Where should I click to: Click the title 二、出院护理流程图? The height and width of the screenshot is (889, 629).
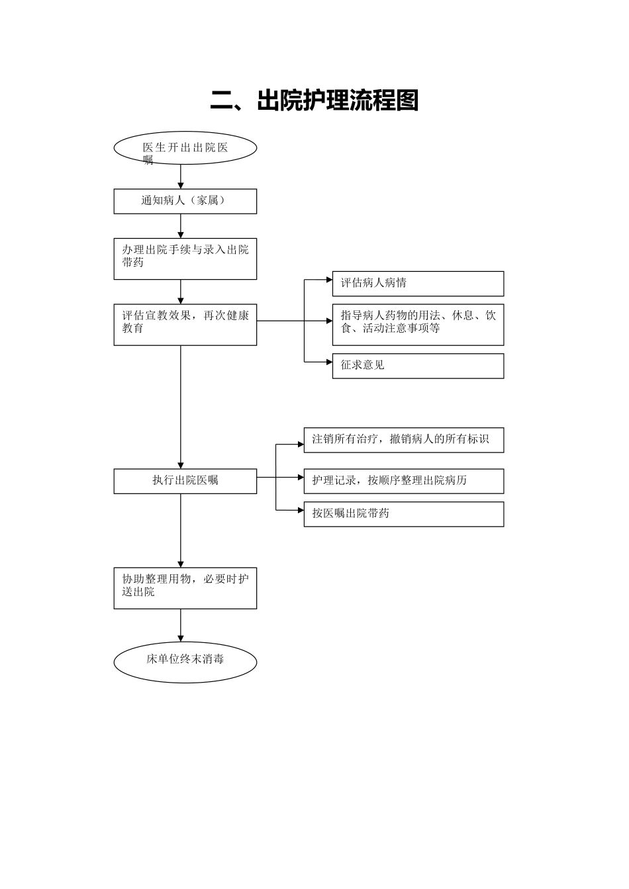pyautogui.click(x=314, y=101)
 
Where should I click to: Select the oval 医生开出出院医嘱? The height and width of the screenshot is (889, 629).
pyautogui.click(x=185, y=148)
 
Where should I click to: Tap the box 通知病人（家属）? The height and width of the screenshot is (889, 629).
pyautogui.click(x=185, y=201)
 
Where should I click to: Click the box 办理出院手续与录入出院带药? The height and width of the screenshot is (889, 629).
pyautogui.click(x=185, y=259)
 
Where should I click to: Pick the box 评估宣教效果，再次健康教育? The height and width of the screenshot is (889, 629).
pyautogui.click(x=185, y=324)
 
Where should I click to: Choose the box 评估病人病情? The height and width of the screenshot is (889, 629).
pyautogui.click(x=418, y=283)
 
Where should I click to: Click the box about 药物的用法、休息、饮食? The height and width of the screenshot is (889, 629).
pyautogui.click(x=418, y=324)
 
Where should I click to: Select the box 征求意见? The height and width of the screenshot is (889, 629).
pyautogui.click(x=418, y=366)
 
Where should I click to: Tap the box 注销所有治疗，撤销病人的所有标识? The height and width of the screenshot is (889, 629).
pyautogui.click(x=404, y=440)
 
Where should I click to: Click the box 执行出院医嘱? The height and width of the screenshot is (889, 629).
pyautogui.click(x=185, y=481)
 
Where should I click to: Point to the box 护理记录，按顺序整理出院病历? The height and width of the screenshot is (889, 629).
pyautogui.click(x=404, y=481)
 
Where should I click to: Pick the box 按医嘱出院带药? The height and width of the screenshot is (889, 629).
pyautogui.click(x=404, y=514)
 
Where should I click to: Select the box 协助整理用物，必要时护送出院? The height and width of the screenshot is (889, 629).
pyautogui.click(x=185, y=588)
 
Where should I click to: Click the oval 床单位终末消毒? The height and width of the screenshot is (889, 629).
pyautogui.click(x=185, y=661)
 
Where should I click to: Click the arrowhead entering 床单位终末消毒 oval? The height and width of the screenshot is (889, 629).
pyautogui.click(x=181, y=638)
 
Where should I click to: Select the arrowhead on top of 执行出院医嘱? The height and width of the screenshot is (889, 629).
pyautogui.click(x=181, y=465)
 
